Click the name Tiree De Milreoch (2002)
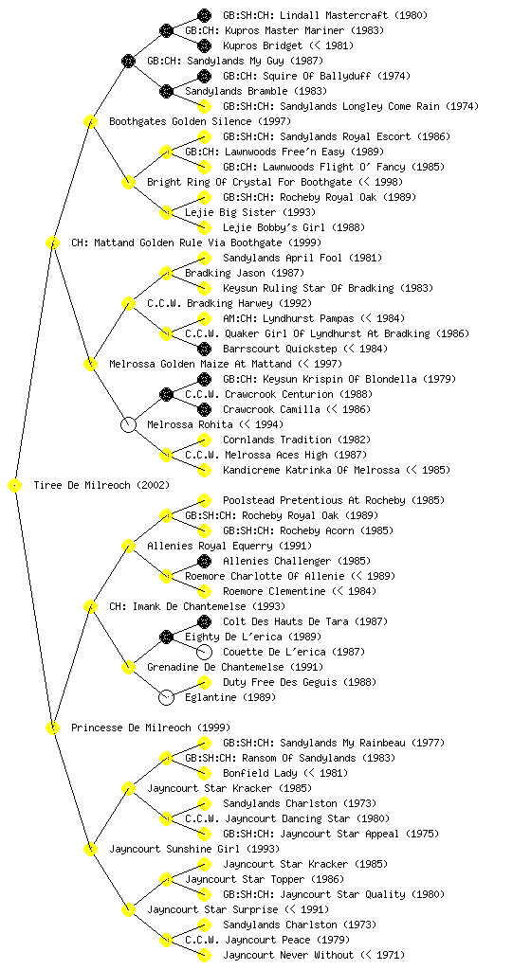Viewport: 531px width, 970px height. (x=101, y=485)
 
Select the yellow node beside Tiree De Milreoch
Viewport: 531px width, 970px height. (x=15, y=486)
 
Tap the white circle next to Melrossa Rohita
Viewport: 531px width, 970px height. (x=128, y=425)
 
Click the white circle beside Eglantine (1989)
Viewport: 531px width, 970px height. (x=166, y=698)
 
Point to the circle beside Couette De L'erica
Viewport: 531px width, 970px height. (x=204, y=652)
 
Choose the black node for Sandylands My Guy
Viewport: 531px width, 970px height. (x=128, y=61)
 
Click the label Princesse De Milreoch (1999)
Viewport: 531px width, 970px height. (x=151, y=727)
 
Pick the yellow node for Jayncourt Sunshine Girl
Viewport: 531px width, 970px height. (x=90, y=850)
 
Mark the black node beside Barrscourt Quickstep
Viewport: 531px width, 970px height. (x=204, y=349)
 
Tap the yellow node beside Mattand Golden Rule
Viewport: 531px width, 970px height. (x=52, y=243)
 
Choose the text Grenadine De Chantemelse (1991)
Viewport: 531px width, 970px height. (x=235, y=667)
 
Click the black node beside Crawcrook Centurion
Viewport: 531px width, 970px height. (x=166, y=395)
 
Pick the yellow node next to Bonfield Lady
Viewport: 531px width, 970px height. (x=204, y=773)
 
